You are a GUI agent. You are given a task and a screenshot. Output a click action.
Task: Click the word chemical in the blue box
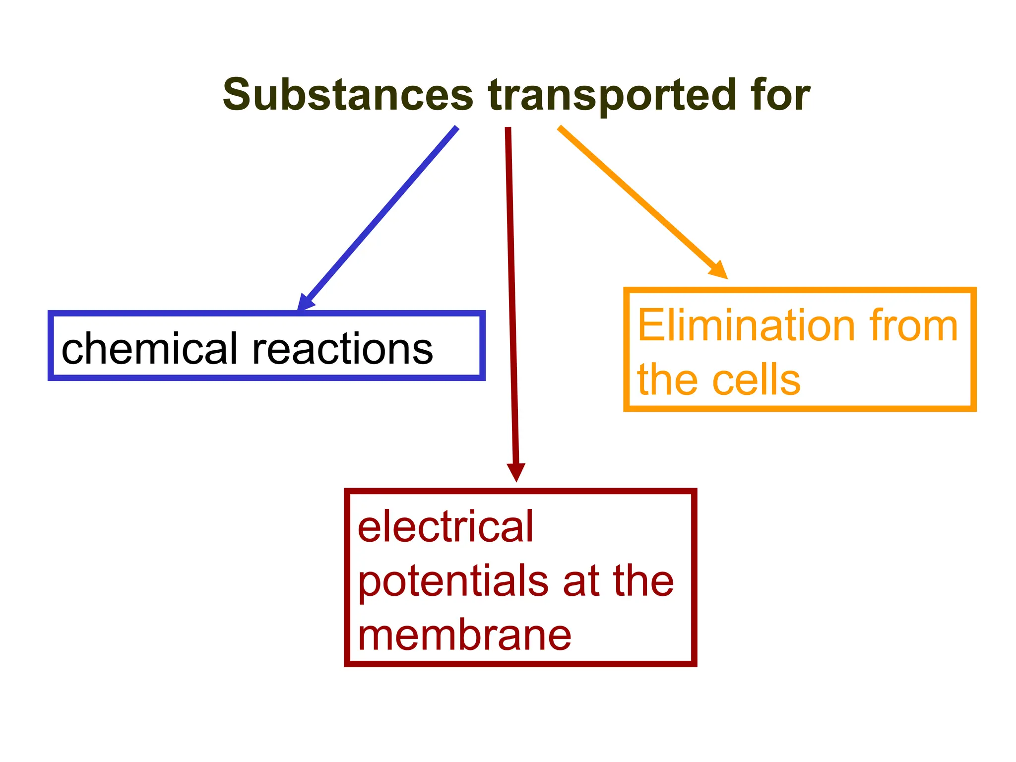point(149,348)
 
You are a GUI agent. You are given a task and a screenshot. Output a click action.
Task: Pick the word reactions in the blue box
point(342,349)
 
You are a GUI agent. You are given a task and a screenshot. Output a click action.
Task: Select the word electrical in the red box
point(445,526)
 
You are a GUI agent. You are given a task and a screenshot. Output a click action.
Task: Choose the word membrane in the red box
point(464,635)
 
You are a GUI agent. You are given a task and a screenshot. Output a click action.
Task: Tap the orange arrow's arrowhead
point(719,271)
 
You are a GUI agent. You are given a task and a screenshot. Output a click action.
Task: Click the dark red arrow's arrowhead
point(516,472)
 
